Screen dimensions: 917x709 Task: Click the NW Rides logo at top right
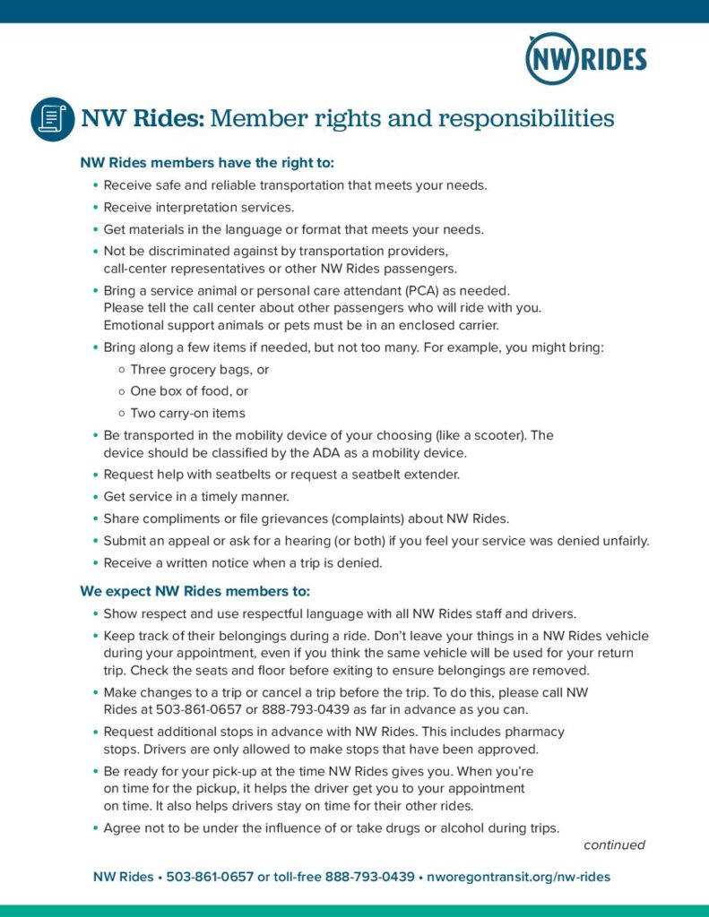pos(585,59)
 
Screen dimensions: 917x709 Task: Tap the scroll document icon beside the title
pos(52,119)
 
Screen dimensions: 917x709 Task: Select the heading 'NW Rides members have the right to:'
pos(207,163)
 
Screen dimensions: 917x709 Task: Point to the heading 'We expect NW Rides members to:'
pos(195,591)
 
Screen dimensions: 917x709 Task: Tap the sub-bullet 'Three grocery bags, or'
pos(200,369)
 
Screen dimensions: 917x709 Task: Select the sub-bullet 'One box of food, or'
pos(189,390)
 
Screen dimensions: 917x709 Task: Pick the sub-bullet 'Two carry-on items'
pos(187,413)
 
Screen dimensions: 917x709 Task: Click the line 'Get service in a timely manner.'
pos(196,496)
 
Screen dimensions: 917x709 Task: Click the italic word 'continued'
pos(614,844)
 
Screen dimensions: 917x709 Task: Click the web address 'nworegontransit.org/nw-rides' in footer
pos(518,877)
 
